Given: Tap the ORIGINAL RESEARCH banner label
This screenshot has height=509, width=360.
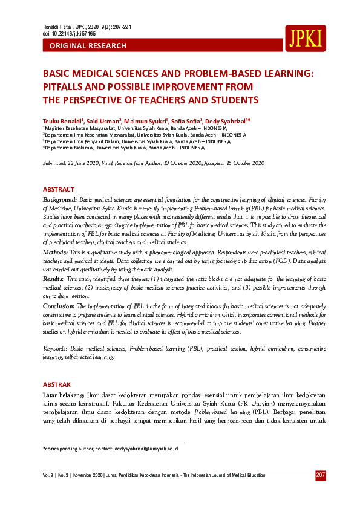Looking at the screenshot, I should point(88,46).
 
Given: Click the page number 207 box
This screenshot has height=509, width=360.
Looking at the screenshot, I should point(321,475).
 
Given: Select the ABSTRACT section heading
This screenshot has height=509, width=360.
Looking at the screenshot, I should point(59,190).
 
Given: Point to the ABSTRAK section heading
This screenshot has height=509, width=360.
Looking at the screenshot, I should point(57,384).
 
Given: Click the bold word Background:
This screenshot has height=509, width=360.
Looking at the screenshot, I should point(60,199).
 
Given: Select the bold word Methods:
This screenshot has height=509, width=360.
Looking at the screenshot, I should point(55,251).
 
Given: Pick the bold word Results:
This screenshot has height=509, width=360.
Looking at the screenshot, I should point(53,279).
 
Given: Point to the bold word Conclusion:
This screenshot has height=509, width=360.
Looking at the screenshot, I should point(59,306).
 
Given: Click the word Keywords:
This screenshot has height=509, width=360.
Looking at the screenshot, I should point(56,349).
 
